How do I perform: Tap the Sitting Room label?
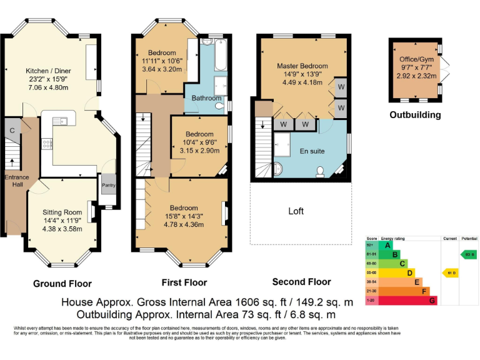tap(62, 212)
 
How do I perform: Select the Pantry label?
tap(109, 185)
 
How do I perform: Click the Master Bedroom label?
tap(302, 66)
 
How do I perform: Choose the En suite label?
tap(312, 151)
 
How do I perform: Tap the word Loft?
tap(296, 211)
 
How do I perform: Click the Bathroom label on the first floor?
tap(206, 98)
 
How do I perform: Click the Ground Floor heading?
tap(62, 283)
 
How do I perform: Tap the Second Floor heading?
tap(302, 282)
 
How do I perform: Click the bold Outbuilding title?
tap(415, 115)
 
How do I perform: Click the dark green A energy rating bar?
tap(387, 245)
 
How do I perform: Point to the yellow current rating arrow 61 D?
tap(450, 272)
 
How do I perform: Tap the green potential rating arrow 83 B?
tap(469, 254)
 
